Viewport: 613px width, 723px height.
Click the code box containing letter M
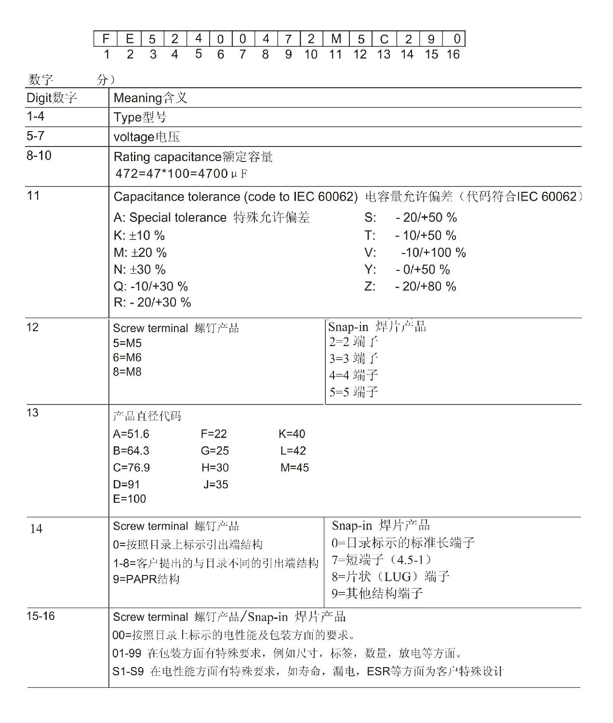336,39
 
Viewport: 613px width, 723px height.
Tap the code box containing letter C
384,39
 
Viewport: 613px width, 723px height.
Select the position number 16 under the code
453,54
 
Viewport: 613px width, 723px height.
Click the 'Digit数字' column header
52,98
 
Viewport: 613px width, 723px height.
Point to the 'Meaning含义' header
150,98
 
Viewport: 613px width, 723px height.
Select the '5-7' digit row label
35,136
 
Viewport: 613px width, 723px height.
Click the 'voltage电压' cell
147,137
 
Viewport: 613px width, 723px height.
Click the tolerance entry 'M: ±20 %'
140,253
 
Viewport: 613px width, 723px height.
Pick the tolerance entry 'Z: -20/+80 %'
410,286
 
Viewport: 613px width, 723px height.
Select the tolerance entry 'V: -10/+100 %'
415,253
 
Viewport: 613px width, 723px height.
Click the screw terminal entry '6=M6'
127,358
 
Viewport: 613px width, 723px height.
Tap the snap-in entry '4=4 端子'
354,375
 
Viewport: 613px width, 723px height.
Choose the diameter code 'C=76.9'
131,468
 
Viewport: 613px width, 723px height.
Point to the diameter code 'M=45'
294,468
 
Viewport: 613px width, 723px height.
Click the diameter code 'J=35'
215,484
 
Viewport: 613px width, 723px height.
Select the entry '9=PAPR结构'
146,579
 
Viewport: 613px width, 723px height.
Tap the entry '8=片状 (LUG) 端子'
390,576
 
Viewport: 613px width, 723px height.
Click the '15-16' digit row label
41,616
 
